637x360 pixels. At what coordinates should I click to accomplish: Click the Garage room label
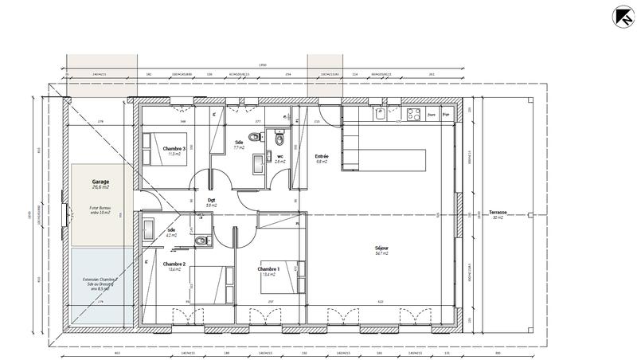(100, 182)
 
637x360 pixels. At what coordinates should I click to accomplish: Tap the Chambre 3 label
(174, 149)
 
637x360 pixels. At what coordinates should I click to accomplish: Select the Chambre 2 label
(174, 264)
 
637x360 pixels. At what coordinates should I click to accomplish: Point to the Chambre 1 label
(268, 269)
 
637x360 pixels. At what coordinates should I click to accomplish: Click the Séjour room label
(382, 248)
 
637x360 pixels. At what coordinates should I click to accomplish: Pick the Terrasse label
(499, 213)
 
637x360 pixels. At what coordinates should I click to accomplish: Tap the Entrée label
(322, 156)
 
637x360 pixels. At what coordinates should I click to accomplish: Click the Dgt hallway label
(212, 200)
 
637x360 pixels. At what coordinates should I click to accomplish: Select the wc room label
(279, 155)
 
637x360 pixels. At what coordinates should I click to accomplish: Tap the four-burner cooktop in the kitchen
(413, 115)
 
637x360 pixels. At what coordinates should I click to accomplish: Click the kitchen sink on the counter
(381, 114)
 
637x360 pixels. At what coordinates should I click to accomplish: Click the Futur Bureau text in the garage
(99, 209)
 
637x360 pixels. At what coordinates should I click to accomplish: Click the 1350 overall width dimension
(262, 65)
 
